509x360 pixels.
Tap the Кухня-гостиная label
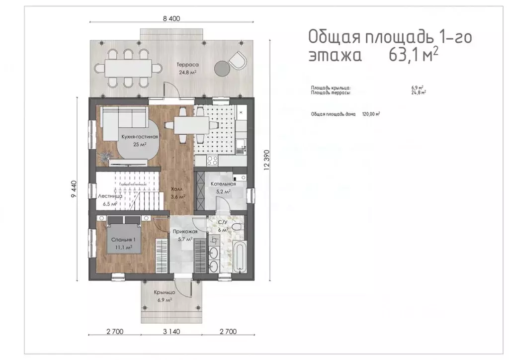click(140, 136)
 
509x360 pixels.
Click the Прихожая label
click(185, 232)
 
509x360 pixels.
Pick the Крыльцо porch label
click(164, 293)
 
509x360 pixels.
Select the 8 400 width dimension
click(170, 19)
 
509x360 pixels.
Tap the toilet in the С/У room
click(237, 227)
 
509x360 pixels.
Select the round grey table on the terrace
click(220, 67)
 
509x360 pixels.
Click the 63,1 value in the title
click(400, 54)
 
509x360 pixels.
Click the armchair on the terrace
click(237, 60)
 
